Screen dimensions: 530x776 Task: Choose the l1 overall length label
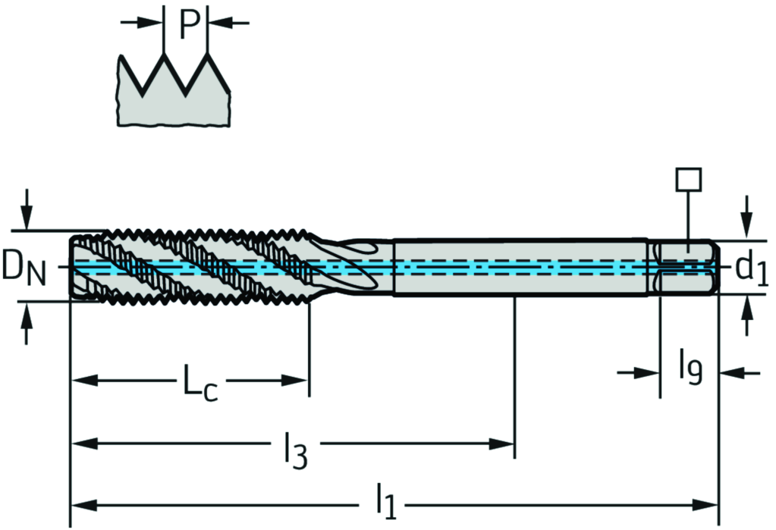[386, 501]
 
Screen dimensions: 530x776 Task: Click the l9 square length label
[690, 365]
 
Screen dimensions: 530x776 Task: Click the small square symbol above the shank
[688, 180]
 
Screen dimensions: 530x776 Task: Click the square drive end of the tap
[687, 267]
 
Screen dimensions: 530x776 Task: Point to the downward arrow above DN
[27, 209]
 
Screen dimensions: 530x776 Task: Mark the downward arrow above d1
[748, 217]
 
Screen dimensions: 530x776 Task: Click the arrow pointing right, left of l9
[637, 372]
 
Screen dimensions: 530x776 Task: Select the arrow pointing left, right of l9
[740, 372]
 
